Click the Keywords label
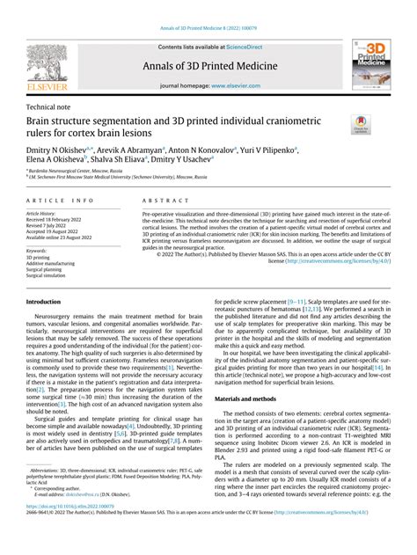[38, 250]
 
